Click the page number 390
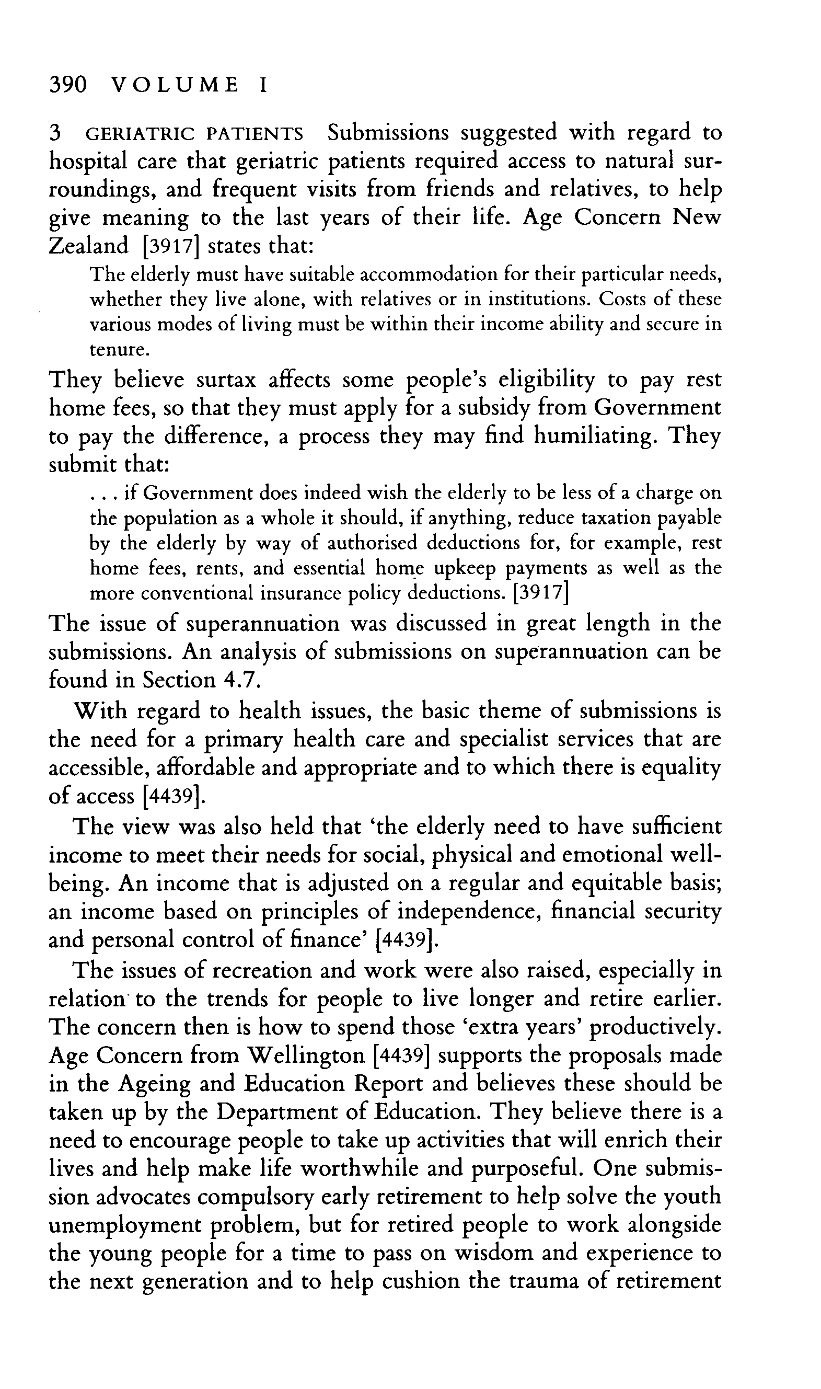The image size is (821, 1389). point(68,85)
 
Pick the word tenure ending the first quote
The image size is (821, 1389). point(118,350)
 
